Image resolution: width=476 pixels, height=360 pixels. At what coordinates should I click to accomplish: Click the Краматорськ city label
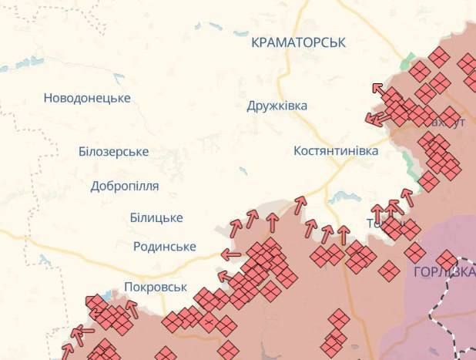[x=298, y=42]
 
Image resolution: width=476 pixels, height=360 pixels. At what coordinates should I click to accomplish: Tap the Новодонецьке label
[x=87, y=98]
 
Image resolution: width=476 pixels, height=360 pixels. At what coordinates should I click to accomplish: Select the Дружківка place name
[x=277, y=105]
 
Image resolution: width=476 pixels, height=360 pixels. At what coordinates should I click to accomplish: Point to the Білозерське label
[x=113, y=152]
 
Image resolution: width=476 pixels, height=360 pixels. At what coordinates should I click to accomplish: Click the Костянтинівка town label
[x=336, y=151]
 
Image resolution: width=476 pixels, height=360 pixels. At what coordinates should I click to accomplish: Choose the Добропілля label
[x=125, y=186]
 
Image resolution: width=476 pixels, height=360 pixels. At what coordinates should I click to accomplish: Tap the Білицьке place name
[x=156, y=218]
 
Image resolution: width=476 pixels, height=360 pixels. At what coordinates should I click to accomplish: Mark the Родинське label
[x=164, y=247]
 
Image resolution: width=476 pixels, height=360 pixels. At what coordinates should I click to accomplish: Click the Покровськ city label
[x=156, y=287]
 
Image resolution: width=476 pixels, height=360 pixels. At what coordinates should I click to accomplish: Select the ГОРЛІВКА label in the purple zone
[x=444, y=272]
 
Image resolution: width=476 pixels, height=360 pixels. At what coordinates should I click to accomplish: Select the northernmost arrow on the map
[x=378, y=89]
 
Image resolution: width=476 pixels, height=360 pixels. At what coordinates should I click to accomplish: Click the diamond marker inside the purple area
[x=446, y=260]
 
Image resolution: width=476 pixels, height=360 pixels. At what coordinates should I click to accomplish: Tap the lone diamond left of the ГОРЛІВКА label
[x=390, y=271]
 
